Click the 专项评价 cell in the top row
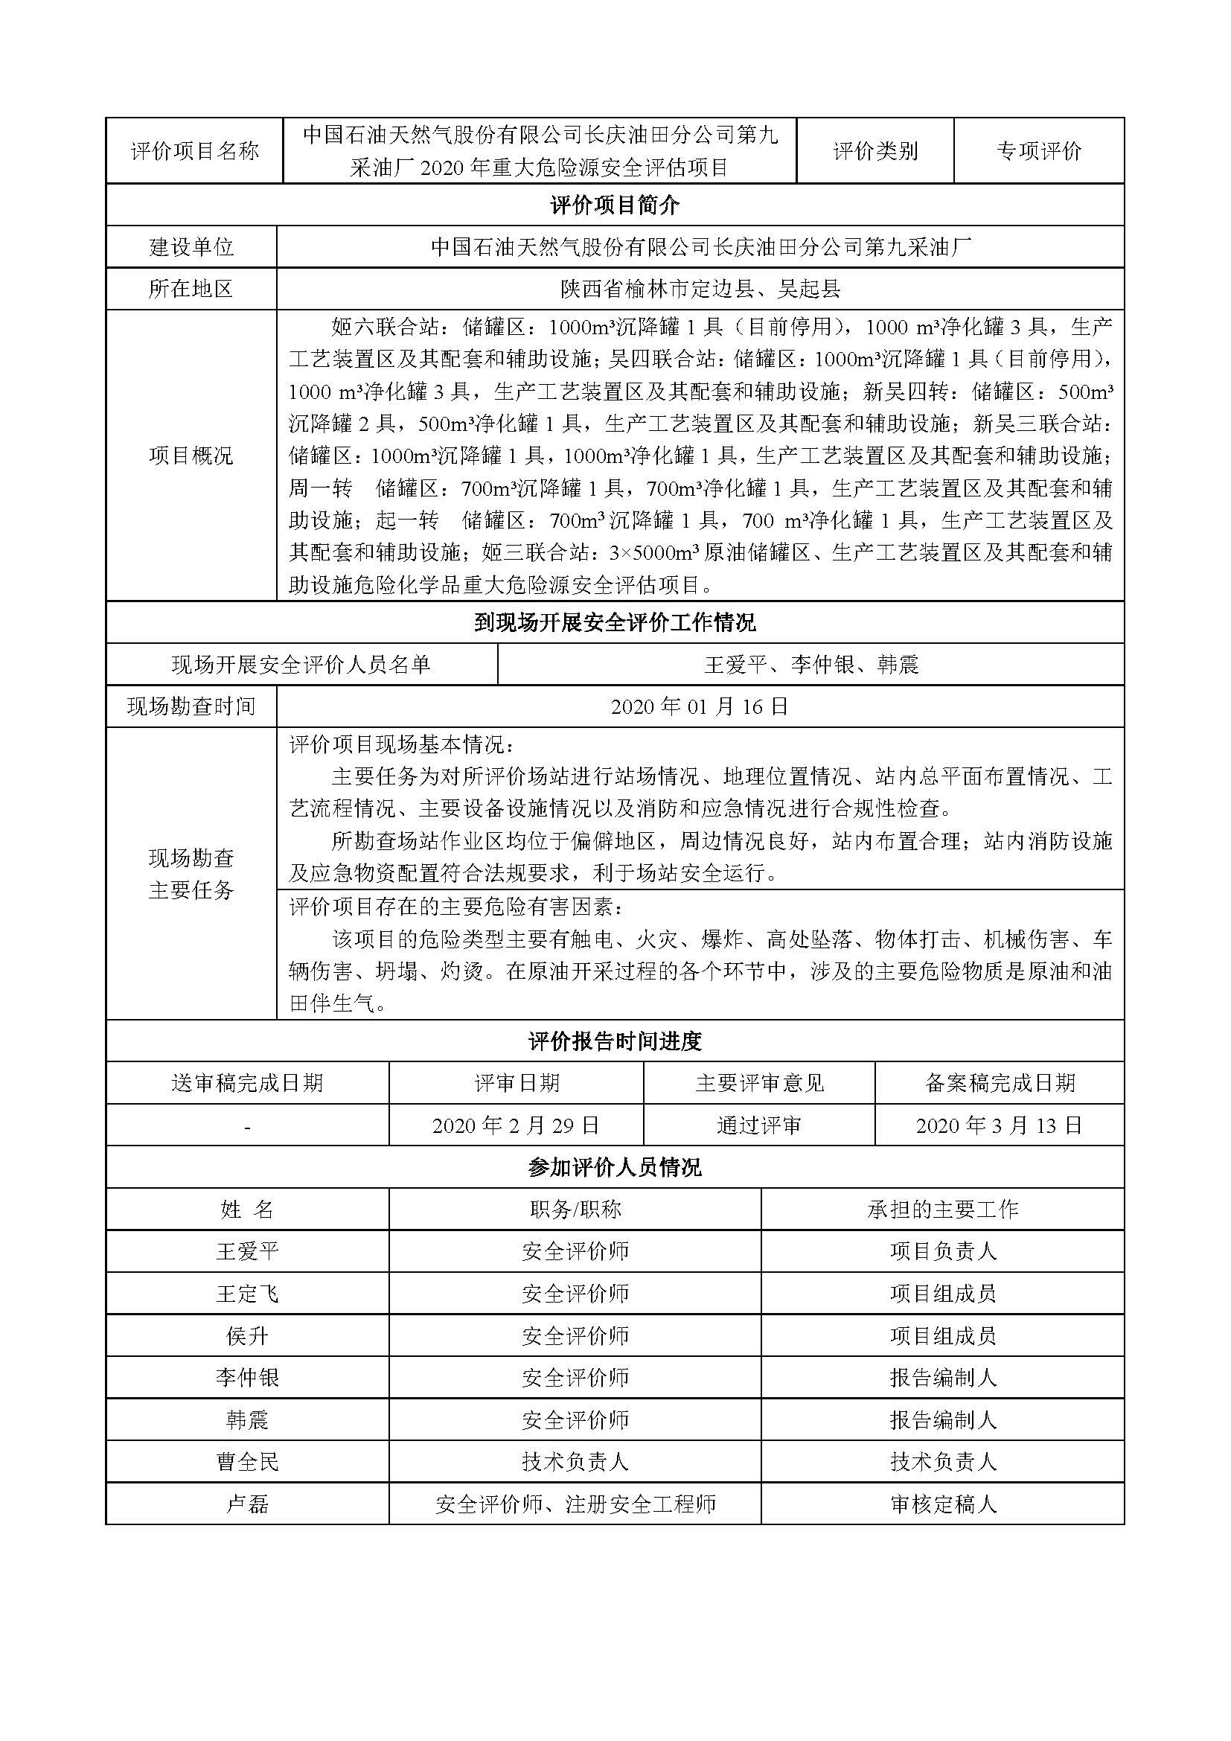click(x=1038, y=151)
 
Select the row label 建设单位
click(x=191, y=246)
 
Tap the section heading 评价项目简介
click(x=615, y=205)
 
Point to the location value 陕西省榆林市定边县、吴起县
click(x=700, y=289)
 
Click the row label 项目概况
click(x=191, y=456)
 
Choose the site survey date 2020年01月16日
click(x=700, y=706)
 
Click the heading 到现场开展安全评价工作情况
click(x=615, y=623)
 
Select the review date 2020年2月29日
click(x=516, y=1125)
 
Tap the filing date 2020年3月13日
click(x=999, y=1125)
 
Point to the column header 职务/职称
click(x=575, y=1210)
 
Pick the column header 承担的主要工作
click(x=942, y=1210)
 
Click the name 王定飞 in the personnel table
click(x=247, y=1294)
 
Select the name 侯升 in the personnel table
click(x=247, y=1335)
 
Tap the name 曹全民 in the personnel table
click(x=247, y=1462)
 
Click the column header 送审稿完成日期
click(x=247, y=1083)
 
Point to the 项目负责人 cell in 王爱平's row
click(x=942, y=1251)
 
